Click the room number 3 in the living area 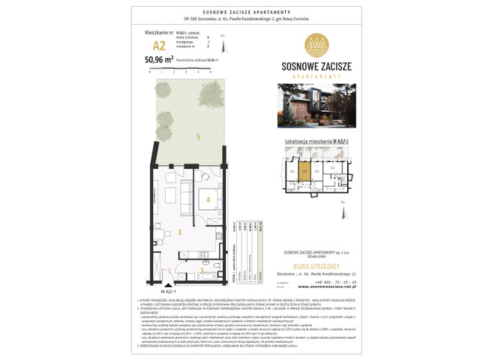pyautogui.click(x=179, y=233)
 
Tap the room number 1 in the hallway pyautogui.click(x=170, y=271)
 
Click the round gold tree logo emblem pyautogui.click(x=317, y=43)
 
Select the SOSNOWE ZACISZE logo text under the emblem pyautogui.click(x=317, y=66)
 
